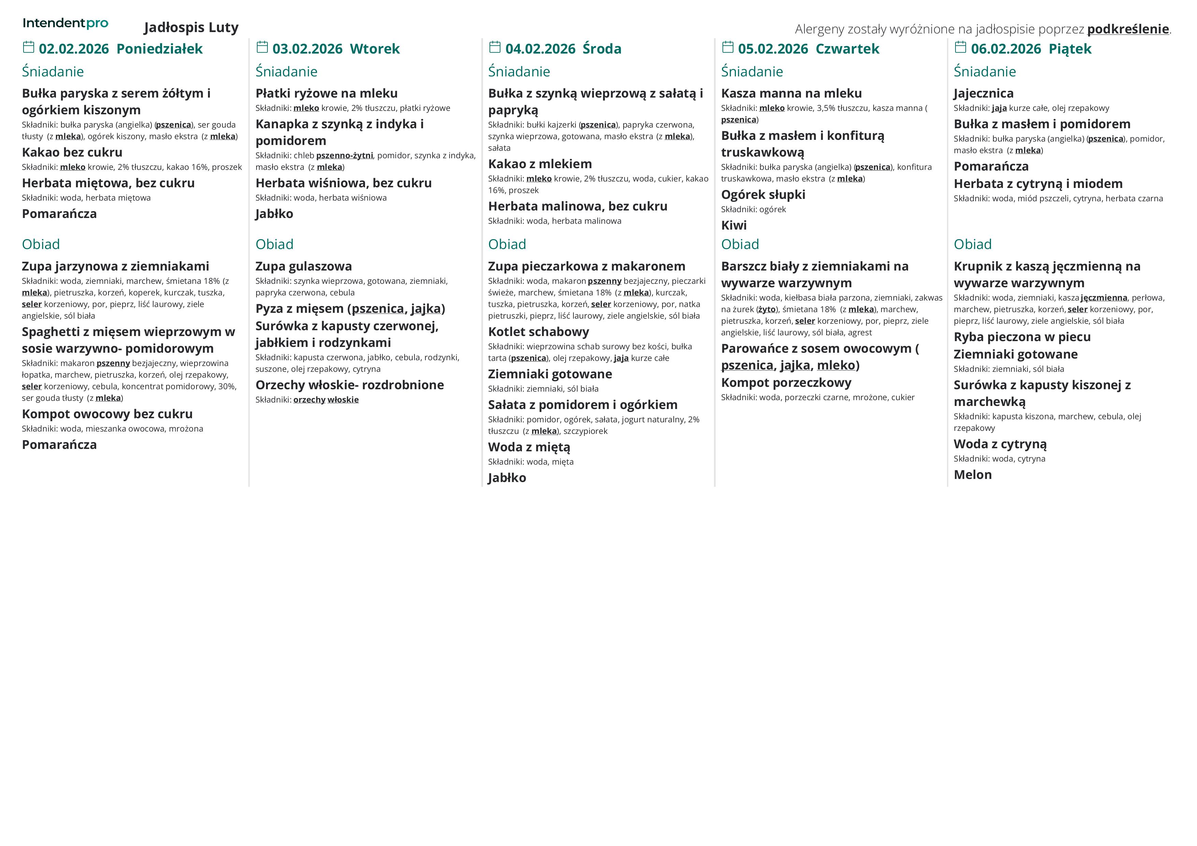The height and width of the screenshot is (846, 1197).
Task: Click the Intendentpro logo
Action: point(65,23)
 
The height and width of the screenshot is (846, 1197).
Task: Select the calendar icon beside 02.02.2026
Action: point(29,47)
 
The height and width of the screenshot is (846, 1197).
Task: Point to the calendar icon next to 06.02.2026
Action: point(960,47)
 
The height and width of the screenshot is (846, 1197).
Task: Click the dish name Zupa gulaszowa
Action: point(303,266)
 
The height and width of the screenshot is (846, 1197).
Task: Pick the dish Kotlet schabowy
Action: point(539,332)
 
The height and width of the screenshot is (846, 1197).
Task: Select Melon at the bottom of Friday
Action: point(972,475)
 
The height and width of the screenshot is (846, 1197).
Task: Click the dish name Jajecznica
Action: point(983,93)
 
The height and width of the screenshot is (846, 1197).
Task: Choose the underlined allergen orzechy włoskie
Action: point(326,400)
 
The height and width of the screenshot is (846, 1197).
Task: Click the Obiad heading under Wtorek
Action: point(274,245)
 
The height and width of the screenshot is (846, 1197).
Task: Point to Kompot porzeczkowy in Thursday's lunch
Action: point(786,383)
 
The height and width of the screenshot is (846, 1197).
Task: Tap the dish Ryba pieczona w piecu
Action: point(1022,337)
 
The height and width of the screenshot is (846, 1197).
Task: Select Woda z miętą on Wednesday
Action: point(529,447)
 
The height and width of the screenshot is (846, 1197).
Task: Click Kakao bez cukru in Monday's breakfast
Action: point(72,152)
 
